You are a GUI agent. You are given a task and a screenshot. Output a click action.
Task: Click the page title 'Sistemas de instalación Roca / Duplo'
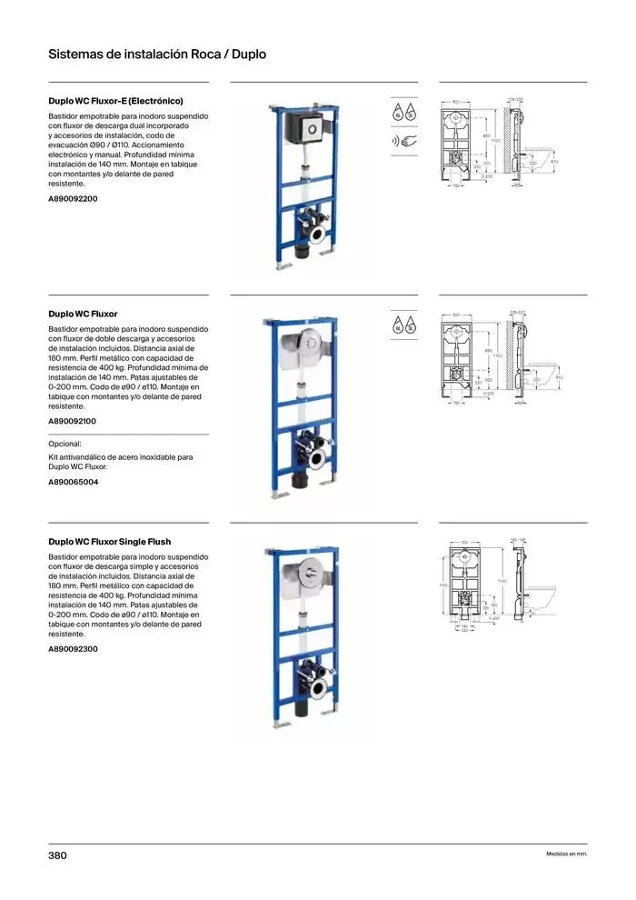point(156,55)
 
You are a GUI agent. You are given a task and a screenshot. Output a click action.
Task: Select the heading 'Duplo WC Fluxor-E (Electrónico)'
point(115,101)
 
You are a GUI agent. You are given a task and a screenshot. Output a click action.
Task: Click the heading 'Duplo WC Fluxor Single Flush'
point(109,542)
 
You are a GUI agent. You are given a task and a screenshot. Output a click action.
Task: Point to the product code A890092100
point(72,422)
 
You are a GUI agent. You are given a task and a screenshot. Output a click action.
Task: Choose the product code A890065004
point(73,482)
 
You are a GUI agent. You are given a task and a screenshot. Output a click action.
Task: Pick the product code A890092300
point(73,649)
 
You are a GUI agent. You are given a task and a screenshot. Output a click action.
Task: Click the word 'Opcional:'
point(65,444)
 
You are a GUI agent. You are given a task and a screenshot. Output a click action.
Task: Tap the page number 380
point(57,855)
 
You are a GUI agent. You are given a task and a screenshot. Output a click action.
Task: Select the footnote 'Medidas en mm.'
point(566,855)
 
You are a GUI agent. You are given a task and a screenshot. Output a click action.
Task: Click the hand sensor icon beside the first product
point(404,141)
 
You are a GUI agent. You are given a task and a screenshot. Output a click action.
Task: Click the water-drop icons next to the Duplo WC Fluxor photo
point(404,325)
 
